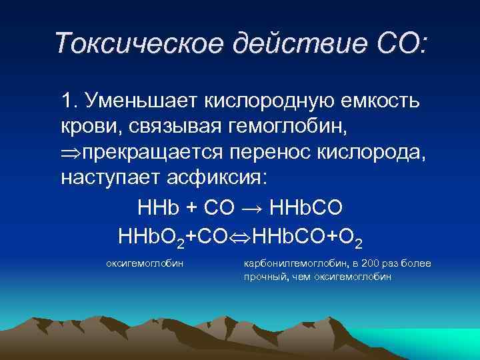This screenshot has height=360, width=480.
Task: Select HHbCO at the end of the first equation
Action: pyautogui.click(x=308, y=207)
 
